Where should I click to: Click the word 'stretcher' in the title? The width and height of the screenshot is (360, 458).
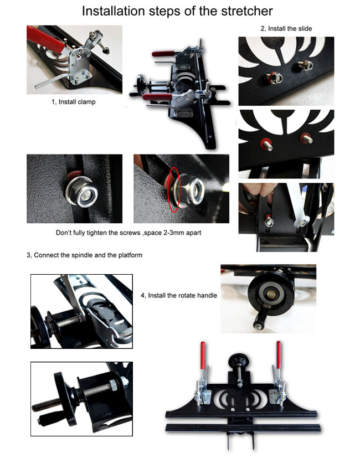pos(246,11)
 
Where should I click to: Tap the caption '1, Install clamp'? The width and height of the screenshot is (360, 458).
pos(73,102)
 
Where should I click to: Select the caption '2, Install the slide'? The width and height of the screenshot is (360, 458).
pos(286,29)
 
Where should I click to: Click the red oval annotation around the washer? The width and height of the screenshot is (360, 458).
pos(174,189)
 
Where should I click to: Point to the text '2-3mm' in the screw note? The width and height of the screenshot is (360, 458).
pos(163,233)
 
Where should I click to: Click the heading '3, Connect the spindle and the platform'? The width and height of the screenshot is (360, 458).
pos(84,255)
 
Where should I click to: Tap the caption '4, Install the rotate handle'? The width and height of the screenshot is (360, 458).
pos(179,295)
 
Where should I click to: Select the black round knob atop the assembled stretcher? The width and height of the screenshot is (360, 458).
pos(239,359)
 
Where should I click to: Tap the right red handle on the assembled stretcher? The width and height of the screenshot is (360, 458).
pos(279,354)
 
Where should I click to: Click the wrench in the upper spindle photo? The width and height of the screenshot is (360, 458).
pos(74,297)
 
